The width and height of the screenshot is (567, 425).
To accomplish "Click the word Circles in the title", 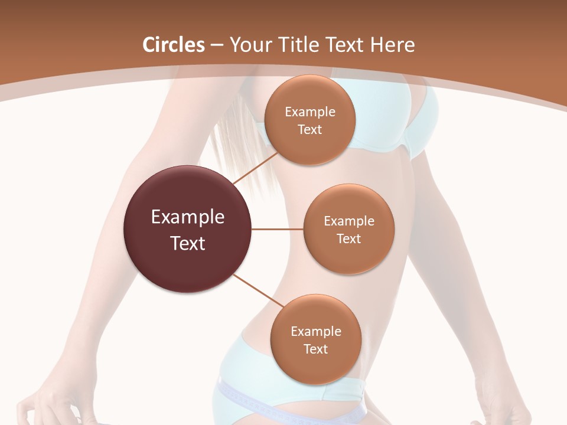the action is coord(173,45).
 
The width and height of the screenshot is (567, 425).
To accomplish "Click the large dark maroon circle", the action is coord(187,229).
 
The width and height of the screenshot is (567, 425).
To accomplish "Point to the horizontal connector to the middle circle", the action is coord(278,229).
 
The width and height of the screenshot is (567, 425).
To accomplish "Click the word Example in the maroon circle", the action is coord(187,217).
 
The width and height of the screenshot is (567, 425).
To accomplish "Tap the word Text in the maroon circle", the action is coord(187,243).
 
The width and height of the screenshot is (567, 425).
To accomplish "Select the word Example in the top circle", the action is coord(309,112).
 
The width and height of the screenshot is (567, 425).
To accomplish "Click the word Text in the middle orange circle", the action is coord(348,238).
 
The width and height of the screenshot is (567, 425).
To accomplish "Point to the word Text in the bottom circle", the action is coord(315,349).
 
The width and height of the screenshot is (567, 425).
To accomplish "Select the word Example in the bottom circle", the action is coord(315,331).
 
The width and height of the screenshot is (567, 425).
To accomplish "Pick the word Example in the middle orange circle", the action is coord(348,221).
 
